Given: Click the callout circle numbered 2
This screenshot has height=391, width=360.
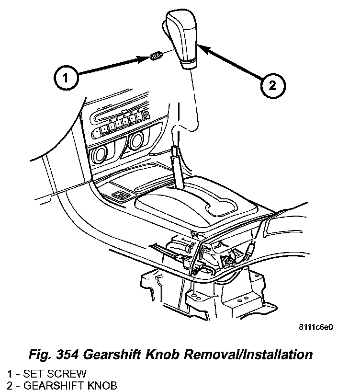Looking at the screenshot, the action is [272, 86].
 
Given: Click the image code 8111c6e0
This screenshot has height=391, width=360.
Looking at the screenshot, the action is [315, 328].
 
